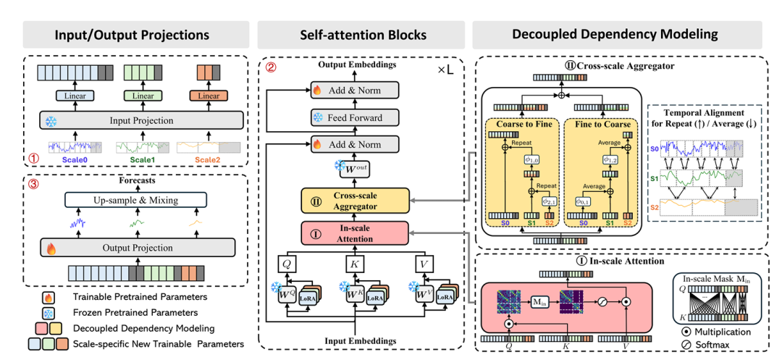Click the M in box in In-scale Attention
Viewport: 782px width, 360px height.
pyautogui.click(x=541, y=302)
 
